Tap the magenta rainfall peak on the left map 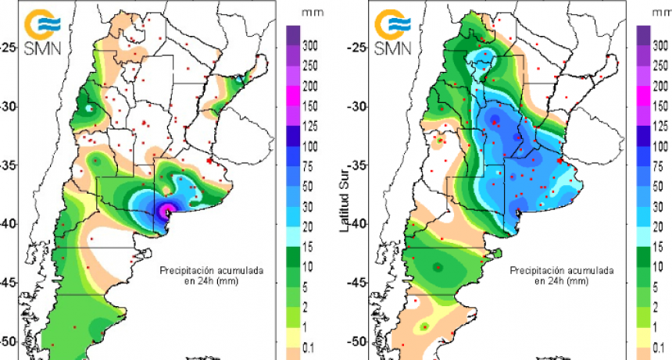pos(166,211)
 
